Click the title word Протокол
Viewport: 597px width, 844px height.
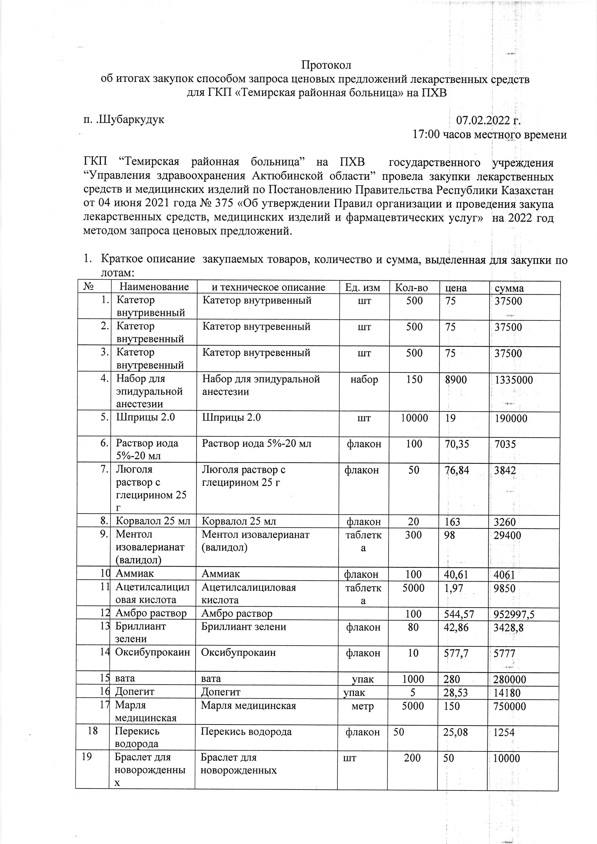click(326, 65)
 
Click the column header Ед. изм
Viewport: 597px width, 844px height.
click(363, 287)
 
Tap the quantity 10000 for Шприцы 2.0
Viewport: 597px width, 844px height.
click(414, 418)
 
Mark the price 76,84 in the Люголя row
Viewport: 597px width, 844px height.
click(457, 470)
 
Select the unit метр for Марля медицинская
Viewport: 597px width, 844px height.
click(363, 706)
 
